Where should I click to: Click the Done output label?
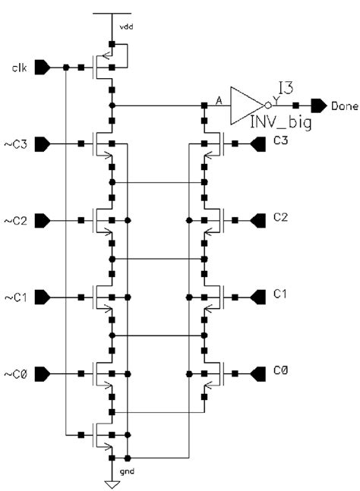tap(345, 105)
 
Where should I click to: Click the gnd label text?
tap(126, 471)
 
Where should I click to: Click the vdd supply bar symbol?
tap(112, 14)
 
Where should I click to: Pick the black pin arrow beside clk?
tap(45, 68)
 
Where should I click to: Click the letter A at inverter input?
tap(219, 98)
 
